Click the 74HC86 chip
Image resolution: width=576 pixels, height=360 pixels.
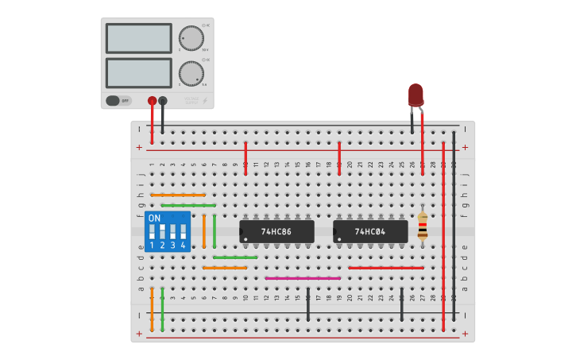276,231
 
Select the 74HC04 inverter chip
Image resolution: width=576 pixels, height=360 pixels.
370,231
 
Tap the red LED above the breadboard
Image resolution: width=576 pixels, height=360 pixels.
416,95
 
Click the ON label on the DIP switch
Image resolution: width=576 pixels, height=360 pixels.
154,218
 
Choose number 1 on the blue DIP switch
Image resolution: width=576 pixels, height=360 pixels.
152,246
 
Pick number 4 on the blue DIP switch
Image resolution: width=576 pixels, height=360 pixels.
183,246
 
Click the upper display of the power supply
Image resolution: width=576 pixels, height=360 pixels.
138,38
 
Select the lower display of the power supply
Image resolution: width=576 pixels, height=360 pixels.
138,73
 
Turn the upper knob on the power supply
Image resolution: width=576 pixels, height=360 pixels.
191,38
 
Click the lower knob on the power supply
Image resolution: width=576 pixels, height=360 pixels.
191,73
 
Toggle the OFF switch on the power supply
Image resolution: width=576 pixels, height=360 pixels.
118,101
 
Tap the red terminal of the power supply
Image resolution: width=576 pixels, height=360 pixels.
152,101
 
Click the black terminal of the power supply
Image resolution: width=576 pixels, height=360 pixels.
163,101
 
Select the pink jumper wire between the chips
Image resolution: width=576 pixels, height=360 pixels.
303,278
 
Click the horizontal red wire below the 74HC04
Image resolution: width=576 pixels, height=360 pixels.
385,268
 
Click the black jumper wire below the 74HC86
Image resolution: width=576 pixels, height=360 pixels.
308,304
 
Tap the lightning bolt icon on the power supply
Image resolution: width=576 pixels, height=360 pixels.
206,101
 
